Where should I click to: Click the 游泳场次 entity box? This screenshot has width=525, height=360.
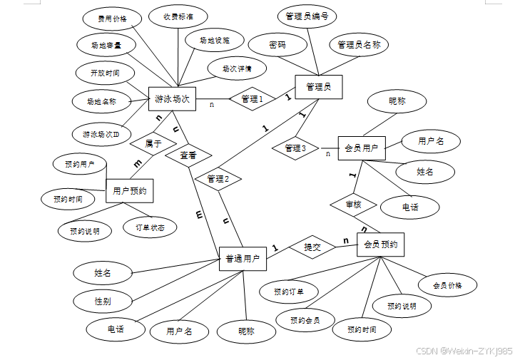tap(172, 99)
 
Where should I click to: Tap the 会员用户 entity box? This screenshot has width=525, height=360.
tap(361, 149)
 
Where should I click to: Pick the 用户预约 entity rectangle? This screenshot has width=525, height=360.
tap(130, 191)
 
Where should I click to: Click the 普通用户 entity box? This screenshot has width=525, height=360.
tap(242, 259)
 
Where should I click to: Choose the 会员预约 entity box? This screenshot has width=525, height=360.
tap(380, 245)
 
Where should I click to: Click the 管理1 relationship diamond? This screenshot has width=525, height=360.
tap(252, 99)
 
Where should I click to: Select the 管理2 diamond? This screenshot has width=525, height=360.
tap(218, 178)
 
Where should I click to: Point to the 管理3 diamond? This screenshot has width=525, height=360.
tap(295, 148)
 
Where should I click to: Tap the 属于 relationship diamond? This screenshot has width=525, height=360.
tap(153, 143)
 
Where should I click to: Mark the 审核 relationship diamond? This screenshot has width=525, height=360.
tap(353, 205)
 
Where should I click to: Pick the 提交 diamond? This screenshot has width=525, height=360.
tap(312, 247)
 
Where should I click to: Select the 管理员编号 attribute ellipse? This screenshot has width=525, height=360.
tap(306, 16)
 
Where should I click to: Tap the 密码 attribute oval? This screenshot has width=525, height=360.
tap(277, 45)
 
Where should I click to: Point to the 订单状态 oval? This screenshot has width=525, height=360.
tap(150, 227)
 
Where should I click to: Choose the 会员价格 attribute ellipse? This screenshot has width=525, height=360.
tap(447, 286)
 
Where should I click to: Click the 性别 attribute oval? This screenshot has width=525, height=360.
tap(103, 302)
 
